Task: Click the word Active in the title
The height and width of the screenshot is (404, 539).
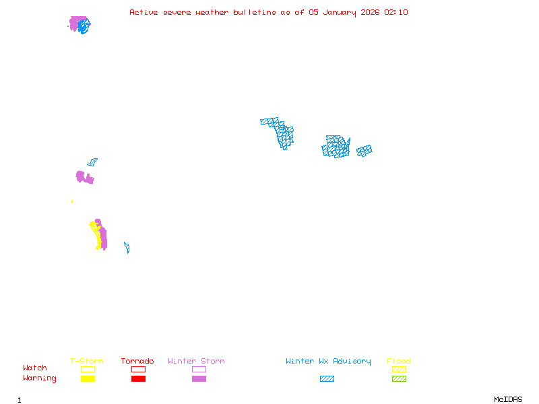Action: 143,12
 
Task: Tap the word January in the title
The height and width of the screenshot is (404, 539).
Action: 343,12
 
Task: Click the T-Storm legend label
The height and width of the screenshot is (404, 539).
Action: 87,362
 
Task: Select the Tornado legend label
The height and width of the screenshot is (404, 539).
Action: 137,362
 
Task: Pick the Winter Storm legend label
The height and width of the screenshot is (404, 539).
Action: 196,362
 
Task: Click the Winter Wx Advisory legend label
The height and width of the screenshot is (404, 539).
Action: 328,362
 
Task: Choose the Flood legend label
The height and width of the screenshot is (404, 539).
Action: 399,362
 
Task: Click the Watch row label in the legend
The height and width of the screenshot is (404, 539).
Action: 35,368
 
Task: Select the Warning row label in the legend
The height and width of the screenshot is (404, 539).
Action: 40,378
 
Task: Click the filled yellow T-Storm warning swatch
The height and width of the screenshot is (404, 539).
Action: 88,378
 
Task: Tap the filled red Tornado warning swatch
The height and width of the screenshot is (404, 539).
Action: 138,378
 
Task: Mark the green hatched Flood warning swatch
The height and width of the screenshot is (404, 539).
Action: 399,378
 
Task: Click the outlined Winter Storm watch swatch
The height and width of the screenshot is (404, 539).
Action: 199,369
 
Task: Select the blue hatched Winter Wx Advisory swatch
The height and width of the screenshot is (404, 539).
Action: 327,378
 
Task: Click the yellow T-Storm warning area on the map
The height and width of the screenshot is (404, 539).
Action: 98,236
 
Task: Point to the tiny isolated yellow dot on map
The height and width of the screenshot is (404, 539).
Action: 72,201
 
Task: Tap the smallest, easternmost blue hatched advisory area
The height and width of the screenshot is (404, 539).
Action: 364,151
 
